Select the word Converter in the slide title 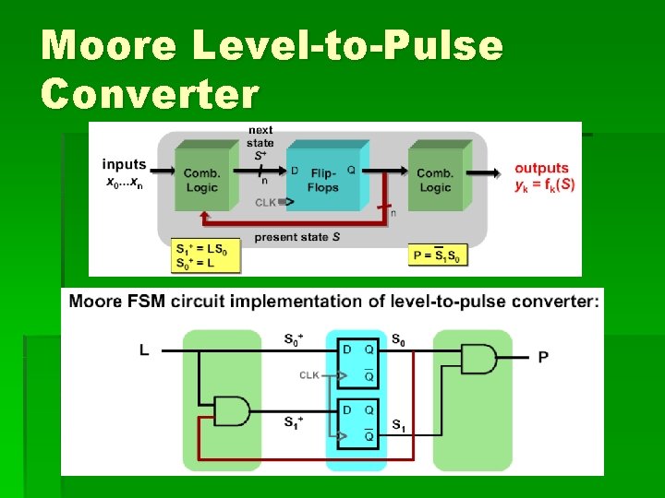click(x=151, y=93)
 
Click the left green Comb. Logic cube click(x=199, y=177)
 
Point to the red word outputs click(x=541, y=168)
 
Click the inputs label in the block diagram click(x=124, y=165)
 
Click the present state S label click(x=296, y=237)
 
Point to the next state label click(x=260, y=143)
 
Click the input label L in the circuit click(x=144, y=350)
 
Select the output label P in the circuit click(x=543, y=357)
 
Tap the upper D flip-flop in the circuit click(x=358, y=362)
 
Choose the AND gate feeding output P click(x=477, y=359)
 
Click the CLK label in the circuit click(x=310, y=375)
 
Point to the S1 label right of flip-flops click(x=397, y=425)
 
